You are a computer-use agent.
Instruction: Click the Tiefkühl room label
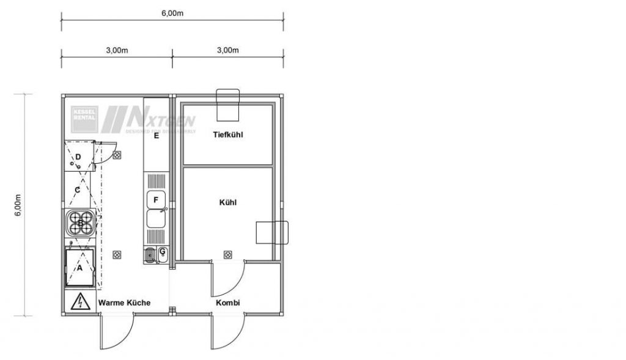[228, 134]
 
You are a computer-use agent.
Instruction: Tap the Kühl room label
[228, 202]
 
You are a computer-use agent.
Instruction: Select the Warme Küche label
[125, 303]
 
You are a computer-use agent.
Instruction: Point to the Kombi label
[227, 303]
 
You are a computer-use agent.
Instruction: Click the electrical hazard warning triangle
[78, 302]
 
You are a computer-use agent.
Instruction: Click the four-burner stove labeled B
[80, 223]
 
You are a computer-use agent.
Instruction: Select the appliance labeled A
[79, 267]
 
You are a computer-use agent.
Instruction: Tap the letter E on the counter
[156, 136]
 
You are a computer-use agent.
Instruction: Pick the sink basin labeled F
[156, 200]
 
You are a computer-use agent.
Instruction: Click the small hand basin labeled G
[163, 252]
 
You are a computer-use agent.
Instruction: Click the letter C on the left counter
[77, 189]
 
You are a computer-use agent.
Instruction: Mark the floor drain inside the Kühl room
[228, 254]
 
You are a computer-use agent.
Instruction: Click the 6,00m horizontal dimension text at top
[172, 13]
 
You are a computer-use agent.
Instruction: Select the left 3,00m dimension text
[117, 51]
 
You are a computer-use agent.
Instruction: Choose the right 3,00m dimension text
[227, 51]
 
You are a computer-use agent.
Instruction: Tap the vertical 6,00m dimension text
[18, 205]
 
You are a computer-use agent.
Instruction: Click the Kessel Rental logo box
[84, 119]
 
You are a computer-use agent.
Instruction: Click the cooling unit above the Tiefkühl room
[228, 105]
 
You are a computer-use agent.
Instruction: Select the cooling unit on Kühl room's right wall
[271, 232]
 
